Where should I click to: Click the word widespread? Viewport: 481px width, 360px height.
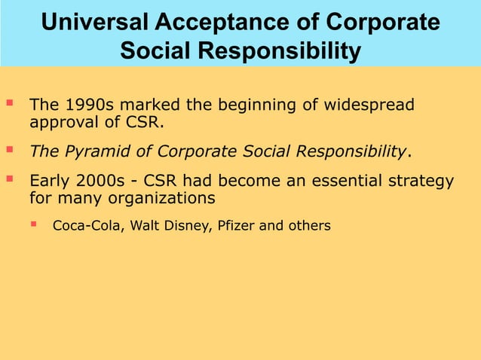pos(370,105)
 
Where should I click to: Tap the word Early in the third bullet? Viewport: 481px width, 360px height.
pos(51,182)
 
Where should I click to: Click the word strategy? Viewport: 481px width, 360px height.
pos(419,182)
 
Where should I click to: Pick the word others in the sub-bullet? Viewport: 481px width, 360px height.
pos(309,225)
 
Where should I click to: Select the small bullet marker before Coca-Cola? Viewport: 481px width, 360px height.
pos(34,223)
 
